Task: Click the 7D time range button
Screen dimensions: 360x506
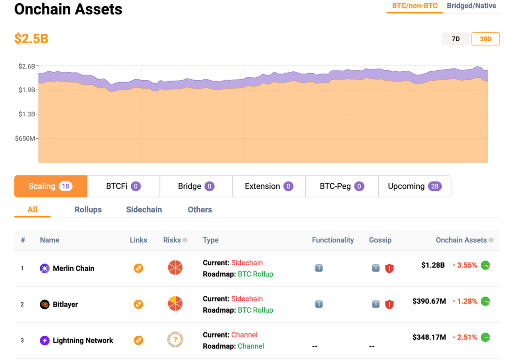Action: point(455,39)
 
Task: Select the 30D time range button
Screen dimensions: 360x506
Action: point(485,39)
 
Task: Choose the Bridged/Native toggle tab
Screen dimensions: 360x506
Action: point(471,6)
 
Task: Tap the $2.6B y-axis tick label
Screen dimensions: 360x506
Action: point(27,67)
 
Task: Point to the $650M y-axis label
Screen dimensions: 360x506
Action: point(25,138)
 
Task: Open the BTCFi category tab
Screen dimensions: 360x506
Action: point(123,186)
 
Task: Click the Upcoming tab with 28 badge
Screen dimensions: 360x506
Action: point(414,186)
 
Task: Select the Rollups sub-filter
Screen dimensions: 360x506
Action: point(88,210)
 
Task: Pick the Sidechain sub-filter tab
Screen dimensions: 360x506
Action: point(144,210)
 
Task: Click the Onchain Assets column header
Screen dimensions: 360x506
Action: point(461,240)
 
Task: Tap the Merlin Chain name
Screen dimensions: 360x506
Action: point(74,268)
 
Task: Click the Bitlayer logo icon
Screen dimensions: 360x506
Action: point(45,304)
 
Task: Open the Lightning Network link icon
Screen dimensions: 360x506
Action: point(138,340)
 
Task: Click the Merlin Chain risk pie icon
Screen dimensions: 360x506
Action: point(175,268)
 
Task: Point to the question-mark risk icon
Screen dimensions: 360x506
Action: point(175,340)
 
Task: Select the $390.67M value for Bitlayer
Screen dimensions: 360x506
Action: point(429,301)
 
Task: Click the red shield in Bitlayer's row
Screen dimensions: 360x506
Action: point(389,305)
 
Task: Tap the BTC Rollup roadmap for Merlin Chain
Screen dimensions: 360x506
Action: point(255,274)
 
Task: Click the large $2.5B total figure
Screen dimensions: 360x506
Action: point(31,38)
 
